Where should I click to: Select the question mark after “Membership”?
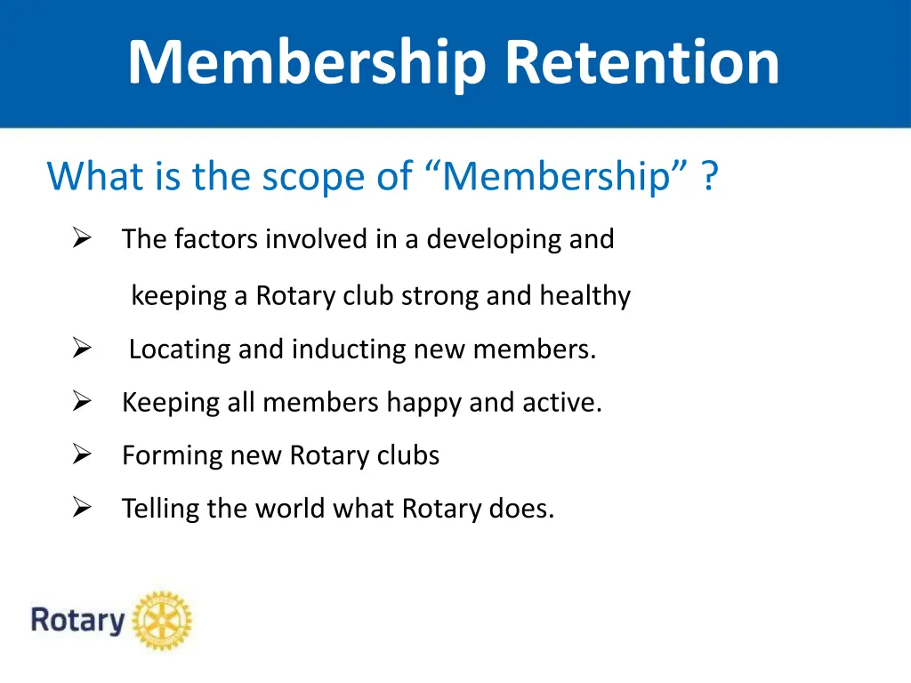click(x=708, y=176)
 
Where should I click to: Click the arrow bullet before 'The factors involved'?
click(x=83, y=238)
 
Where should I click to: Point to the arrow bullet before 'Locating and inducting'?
click(x=83, y=350)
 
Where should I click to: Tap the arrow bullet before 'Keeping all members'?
click(x=83, y=403)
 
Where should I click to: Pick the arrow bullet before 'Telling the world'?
click(x=83, y=509)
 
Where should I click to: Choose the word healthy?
click(x=584, y=295)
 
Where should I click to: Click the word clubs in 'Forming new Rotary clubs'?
click(x=407, y=455)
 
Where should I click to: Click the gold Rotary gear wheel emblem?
click(x=162, y=620)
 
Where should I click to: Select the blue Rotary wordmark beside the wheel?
click(x=77, y=620)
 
